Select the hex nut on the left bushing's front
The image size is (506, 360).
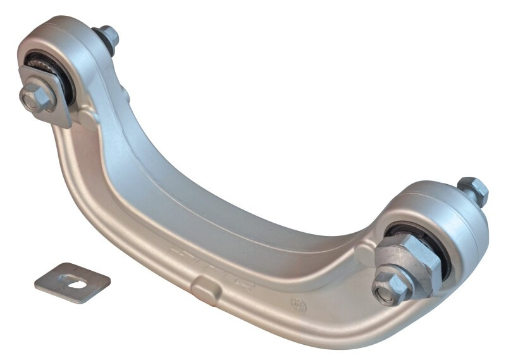click(x=38, y=97)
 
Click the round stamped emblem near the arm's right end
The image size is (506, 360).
click(x=299, y=304)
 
